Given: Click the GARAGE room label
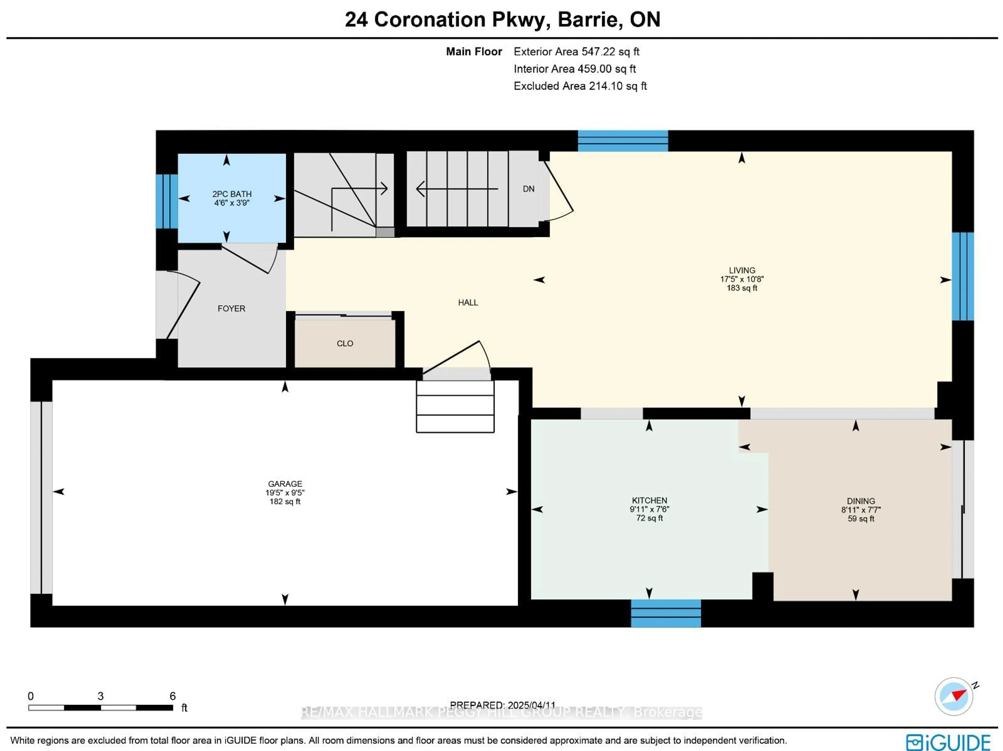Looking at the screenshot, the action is [285, 484].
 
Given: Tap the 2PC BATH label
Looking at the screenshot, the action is [232, 194].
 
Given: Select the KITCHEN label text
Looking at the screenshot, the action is [649, 501].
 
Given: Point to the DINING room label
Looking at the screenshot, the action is [861, 501].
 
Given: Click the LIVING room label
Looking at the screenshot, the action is [742, 270].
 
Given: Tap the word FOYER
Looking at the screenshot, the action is [231, 309].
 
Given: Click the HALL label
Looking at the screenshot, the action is [468, 302].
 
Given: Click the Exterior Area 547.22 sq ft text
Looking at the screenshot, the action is [576, 52].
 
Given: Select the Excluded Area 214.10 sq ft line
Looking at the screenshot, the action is [580, 86].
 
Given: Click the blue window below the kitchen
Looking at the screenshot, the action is [666, 613].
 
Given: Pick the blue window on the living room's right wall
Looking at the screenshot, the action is [963, 277].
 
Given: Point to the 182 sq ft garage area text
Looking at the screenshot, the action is [285, 502].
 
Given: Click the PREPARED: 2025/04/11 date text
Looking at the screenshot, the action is [502, 705].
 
